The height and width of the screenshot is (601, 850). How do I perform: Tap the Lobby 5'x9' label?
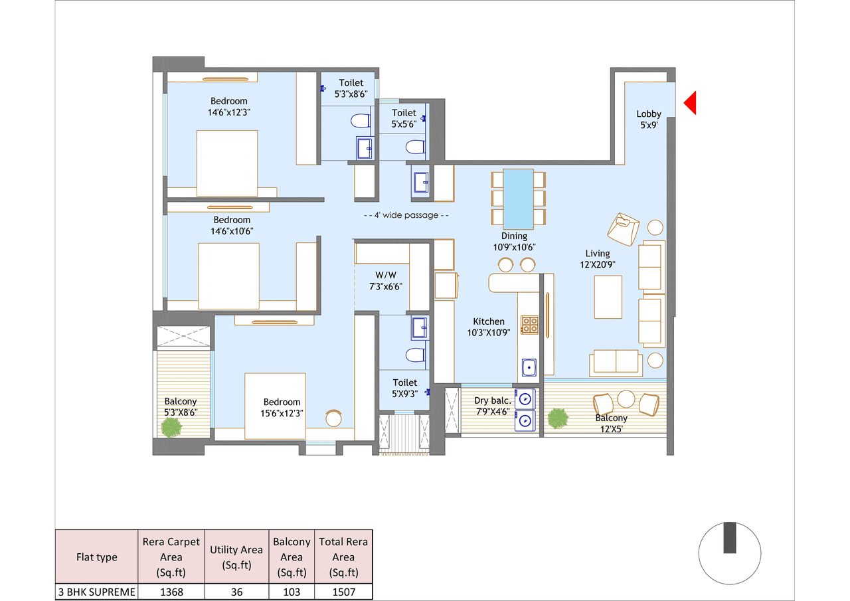(x=648, y=119)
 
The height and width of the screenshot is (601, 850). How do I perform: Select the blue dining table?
(x=518, y=199)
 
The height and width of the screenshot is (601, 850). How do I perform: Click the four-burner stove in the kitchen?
(x=529, y=324)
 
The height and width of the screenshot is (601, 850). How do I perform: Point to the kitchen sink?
(x=529, y=367)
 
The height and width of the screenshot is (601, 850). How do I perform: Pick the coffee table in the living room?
(x=608, y=297)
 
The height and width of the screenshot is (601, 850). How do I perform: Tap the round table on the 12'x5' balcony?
(x=626, y=398)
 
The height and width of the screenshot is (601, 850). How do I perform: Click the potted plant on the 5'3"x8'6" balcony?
(x=172, y=428)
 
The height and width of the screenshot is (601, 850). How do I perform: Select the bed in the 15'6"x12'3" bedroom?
(x=275, y=406)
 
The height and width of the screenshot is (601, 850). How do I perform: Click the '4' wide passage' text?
(x=406, y=215)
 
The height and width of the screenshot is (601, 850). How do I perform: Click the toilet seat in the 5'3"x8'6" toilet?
(x=359, y=122)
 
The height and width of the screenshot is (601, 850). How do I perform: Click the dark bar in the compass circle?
(x=730, y=538)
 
